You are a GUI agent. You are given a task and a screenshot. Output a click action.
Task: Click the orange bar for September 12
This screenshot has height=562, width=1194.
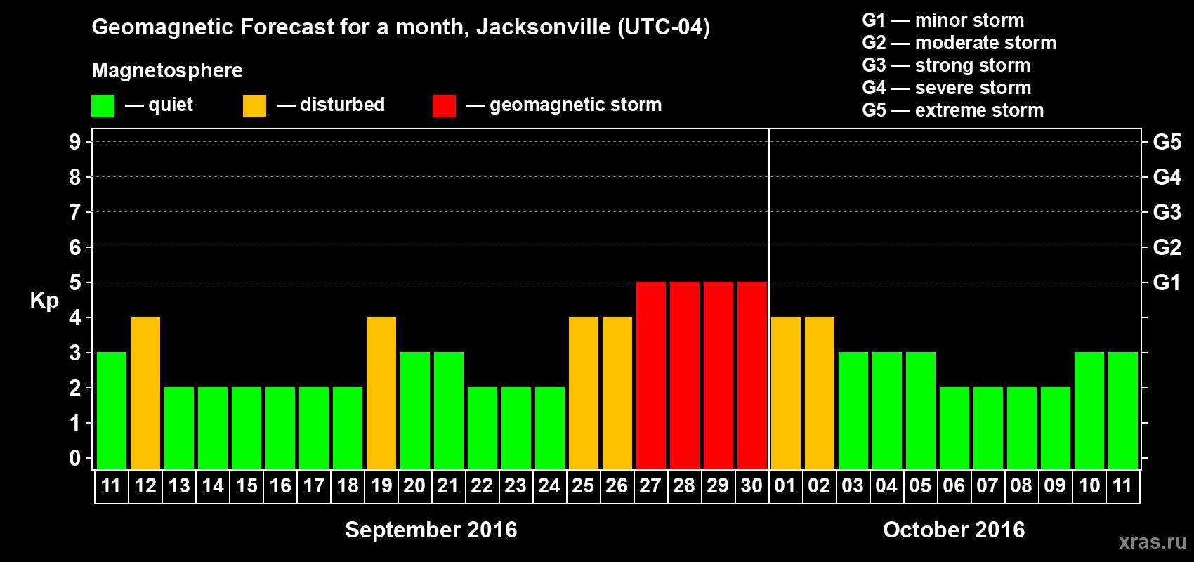(x=145, y=393)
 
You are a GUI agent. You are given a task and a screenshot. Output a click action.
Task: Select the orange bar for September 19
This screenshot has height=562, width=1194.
(x=381, y=393)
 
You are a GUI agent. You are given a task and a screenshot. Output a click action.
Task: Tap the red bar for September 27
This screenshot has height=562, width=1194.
(x=651, y=375)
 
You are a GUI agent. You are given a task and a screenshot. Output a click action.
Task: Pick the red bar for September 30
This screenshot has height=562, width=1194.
(x=752, y=375)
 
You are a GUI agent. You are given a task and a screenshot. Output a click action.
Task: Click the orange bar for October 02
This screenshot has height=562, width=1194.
(x=820, y=393)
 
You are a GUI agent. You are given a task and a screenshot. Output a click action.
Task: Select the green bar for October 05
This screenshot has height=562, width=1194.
(x=921, y=410)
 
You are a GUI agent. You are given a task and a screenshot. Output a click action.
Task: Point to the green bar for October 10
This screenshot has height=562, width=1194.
(x=1089, y=410)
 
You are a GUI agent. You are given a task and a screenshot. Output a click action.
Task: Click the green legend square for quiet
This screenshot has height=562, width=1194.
(x=103, y=106)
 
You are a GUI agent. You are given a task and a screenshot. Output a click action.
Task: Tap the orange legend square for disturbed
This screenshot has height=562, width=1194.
(x=254, y=106)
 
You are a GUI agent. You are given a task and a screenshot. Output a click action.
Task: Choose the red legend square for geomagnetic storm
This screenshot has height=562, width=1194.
(x=444, y=106)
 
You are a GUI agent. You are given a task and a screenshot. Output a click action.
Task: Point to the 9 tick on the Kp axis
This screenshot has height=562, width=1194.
(x=75, y=142)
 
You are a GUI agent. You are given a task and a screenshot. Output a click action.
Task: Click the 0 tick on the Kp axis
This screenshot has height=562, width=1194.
(x=75, y=459)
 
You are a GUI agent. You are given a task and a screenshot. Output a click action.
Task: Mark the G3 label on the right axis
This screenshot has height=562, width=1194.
(x=1167, y=212)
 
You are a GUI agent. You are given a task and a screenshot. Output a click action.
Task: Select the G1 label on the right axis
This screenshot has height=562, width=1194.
(x=1167, y=282)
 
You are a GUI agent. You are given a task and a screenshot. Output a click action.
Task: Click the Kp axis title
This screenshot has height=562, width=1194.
(x=44, y=300)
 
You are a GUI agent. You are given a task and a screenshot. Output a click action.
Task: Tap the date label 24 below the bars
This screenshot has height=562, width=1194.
(x=549, y=485)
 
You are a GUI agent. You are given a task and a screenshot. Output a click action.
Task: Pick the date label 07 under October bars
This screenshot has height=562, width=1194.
(x=988, y=485)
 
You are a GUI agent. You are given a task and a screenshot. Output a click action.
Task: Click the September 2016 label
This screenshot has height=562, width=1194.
(x=431, y=530)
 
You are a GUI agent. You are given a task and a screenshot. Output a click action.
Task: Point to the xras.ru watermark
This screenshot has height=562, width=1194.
(x=1153, y=542)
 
